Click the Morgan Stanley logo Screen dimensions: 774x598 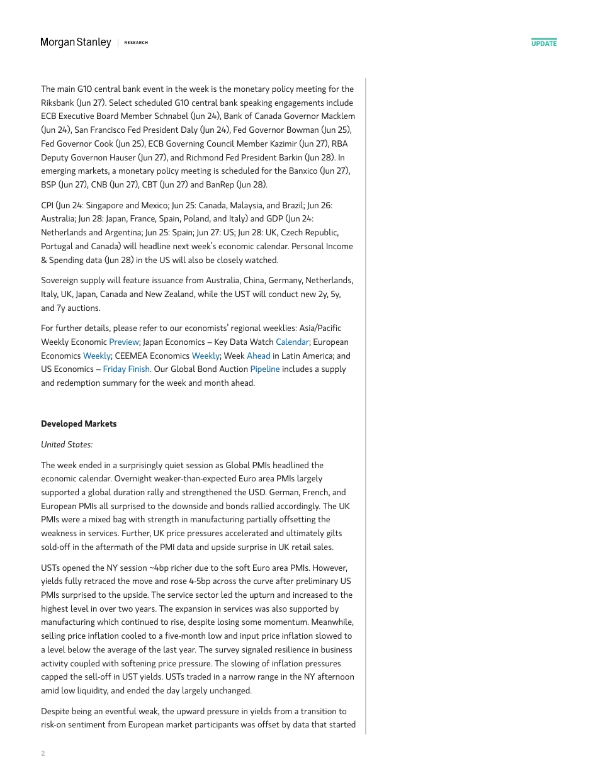point(76,43)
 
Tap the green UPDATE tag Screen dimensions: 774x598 point(544,43)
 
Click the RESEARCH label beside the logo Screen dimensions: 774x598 point(136,43)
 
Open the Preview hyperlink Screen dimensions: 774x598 point(123,342)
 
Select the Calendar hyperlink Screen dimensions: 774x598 point(292,342)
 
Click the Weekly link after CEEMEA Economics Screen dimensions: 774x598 point(205,356)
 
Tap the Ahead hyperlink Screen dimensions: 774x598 point(258,356)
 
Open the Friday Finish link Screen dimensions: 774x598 point(126,369)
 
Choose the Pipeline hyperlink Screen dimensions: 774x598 point(264,369)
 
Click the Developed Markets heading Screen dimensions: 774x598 point(79,424)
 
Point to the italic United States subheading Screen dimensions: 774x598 point(67,444)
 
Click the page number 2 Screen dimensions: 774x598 point(43,753)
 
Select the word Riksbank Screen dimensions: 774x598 point(57,103)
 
